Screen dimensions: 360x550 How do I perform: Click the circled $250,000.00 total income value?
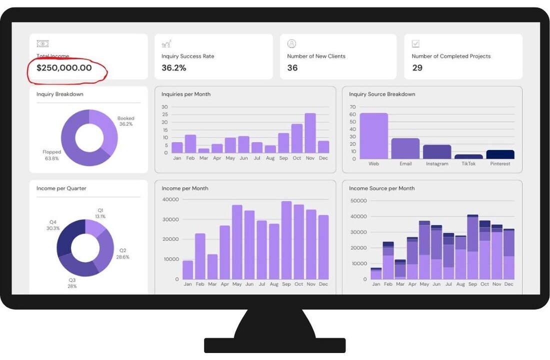[x=64, y=67]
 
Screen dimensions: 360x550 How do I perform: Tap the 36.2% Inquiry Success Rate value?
[x=173, y=67]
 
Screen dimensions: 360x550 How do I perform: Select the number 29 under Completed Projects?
[x=417, y=67]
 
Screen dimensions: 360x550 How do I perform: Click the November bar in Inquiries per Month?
[x=310, y=133]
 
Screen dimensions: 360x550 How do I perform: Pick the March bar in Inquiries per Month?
[x=203, y=150]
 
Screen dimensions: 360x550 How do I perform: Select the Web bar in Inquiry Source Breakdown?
[x=373, y=136]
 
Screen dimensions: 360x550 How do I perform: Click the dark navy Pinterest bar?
[x=500, y=154]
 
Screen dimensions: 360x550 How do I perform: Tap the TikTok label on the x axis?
[x=468, y=163]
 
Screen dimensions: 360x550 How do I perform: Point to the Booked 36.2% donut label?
[x=126, y=121]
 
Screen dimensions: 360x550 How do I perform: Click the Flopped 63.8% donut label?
[x=52, y=155]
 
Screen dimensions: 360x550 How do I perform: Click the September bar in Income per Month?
[x=286, y=240]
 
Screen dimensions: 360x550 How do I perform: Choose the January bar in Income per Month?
[x=188, y=270]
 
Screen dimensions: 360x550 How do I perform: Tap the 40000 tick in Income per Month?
[x=170, y=199]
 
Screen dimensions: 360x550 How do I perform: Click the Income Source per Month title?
[x=381, y=188]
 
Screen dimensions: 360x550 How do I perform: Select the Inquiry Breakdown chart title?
[x=59, y=94]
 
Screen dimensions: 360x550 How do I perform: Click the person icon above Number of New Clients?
[x=291, y=44]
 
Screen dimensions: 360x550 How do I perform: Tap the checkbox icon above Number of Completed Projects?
[x=415, y=44]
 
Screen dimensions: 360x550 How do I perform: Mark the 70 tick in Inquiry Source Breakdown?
[x=352, y=107]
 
